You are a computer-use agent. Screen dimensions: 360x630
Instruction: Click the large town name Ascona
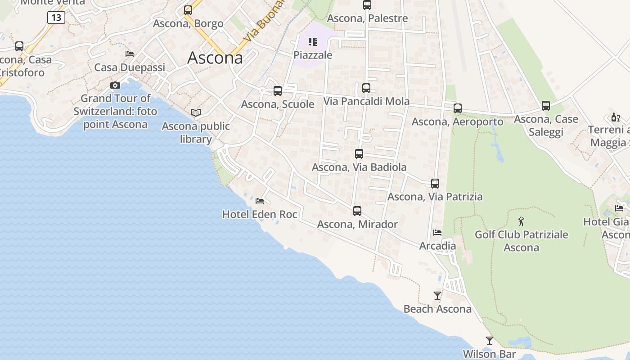coord(215,58)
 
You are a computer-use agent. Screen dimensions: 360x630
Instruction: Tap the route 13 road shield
coord(56,18)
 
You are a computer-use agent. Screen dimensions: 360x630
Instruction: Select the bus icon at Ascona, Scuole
coord(278,90)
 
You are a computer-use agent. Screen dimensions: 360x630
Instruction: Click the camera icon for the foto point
coord(115,85)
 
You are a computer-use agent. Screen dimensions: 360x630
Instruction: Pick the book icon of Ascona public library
coord(196,112)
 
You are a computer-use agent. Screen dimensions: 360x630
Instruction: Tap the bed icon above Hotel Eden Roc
coord(260,201)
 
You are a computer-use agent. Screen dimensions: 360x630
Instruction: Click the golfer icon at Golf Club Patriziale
coord(521,221)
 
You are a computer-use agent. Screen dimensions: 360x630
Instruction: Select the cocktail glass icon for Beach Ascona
coord(437,295)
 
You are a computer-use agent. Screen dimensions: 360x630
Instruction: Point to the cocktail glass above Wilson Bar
coord(490,340)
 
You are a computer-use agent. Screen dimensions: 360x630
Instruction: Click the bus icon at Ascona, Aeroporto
coord(458,108)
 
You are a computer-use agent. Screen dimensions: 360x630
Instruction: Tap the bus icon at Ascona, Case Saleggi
coord(546,106)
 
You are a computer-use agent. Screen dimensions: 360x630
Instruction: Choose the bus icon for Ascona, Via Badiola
coord(359,154)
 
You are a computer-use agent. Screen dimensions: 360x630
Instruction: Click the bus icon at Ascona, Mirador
coord(357,211)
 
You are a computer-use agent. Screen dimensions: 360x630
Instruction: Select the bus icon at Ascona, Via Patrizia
coord(435,183)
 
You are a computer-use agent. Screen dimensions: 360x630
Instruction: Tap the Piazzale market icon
coord(313,42)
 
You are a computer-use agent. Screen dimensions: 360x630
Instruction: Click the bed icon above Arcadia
coord(437,233)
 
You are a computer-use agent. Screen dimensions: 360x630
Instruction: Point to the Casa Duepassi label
coord(130,67)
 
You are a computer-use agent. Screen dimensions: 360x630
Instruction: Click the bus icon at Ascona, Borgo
coord(188,10)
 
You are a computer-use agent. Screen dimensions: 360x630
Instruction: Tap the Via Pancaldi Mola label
coord(367,101)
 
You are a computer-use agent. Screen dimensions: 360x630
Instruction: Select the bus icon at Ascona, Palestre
coord(367,5)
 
